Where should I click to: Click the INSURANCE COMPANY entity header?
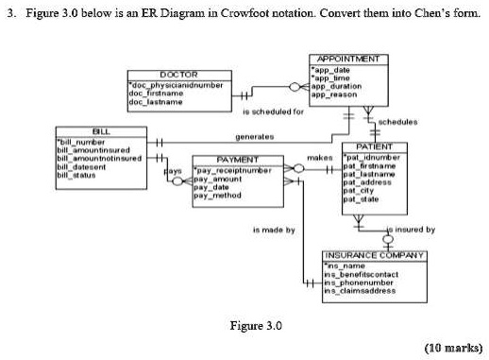click(376, 255)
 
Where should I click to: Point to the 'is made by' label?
click(275, 230)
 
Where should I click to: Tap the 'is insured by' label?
click(412, 230)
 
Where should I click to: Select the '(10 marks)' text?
click(452, 347)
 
